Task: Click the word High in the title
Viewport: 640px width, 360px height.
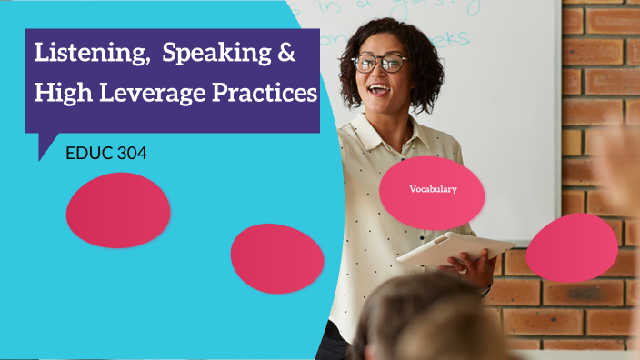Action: click(62, 93)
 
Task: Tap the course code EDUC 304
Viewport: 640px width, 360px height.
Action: click(106, 154)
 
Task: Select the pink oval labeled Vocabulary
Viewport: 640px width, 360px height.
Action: click(432, 191)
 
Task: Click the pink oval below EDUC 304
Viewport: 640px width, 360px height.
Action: click(118, 210)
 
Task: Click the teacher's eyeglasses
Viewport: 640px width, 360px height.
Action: click(378, 63)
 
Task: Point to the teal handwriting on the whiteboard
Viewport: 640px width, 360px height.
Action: click(445, 36)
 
